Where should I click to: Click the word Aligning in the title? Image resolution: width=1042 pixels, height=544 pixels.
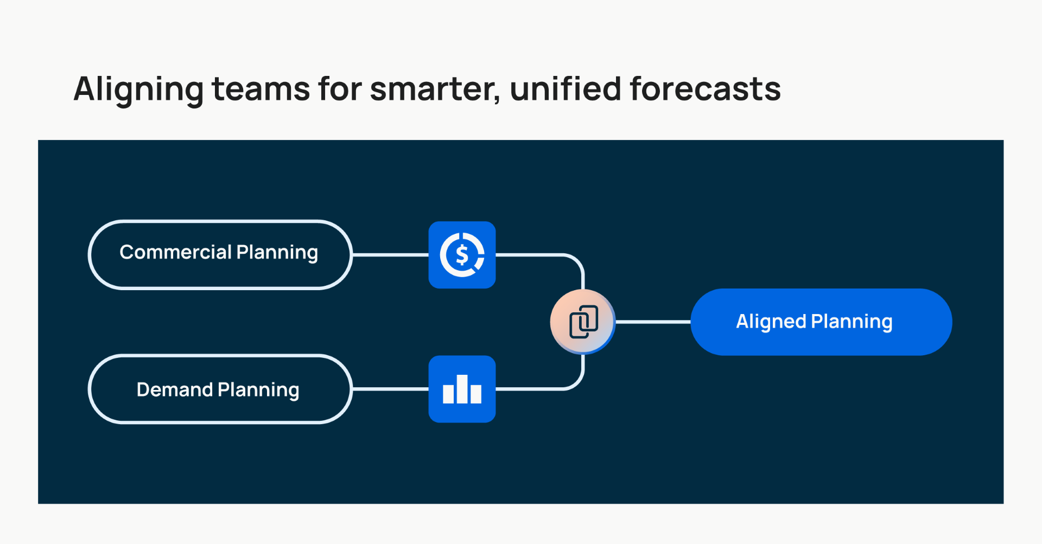click(x=138, y=89)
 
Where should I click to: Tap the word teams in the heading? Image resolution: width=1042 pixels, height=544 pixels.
click(x=260, y=89)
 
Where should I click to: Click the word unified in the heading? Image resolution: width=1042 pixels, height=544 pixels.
click(x=565, y=89)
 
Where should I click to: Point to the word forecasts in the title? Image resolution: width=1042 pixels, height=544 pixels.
click(x=705, y=89)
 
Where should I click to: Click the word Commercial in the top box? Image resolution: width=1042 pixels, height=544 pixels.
click(x=175, y=253)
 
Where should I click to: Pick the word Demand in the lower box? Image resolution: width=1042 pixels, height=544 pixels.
click(x=174, y=390)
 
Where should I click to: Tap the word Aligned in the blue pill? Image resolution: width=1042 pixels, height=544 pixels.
click(x=771, y=322)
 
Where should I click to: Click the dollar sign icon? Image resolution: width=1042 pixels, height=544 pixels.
click(x=462, y=255)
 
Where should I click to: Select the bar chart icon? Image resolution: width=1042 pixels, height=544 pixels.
click(x=462, y=389)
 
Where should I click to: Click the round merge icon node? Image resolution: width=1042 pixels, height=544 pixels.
click(x=583, y=322)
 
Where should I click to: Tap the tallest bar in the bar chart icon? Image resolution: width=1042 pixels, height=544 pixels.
click(x=462, y=389)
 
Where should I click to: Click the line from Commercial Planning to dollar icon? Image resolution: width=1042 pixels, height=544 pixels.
click(x=390, y=254)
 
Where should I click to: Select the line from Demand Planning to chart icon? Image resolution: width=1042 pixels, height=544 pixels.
click(x=390, y=389)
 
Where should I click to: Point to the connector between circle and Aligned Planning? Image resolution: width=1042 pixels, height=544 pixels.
click(x=653, y=322)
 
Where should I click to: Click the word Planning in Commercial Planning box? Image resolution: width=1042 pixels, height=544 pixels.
click(x=277, y=253)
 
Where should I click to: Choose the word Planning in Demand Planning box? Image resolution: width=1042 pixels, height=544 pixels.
click(x=258, y=390)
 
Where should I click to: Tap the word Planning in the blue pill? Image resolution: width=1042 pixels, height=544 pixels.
click(x=852, y=322)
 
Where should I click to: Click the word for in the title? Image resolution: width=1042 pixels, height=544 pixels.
click(x=340, y=89)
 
